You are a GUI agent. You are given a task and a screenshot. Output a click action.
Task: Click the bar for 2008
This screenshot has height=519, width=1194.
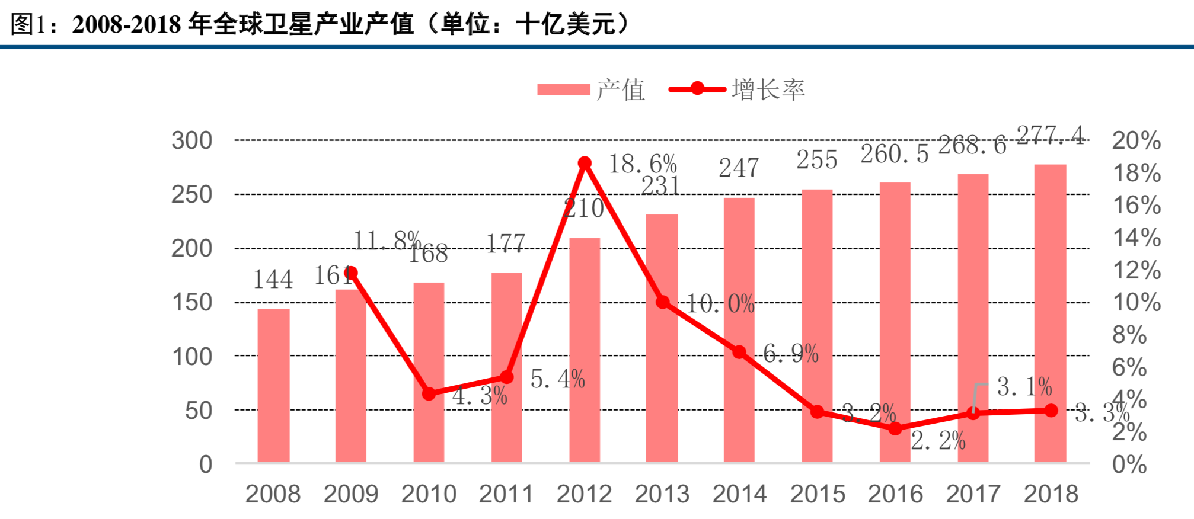point(273,385)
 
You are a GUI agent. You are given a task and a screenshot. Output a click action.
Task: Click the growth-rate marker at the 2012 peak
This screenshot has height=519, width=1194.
point(585,163)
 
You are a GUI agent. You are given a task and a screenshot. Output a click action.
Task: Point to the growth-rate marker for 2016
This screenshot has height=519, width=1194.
point(895,428)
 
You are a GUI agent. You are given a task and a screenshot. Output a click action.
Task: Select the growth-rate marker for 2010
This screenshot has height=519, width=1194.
point(429,393)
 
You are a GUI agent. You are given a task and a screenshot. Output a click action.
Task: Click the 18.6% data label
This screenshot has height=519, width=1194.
point(643,164)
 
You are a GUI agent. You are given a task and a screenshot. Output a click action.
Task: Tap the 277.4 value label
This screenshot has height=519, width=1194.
point(1051,136)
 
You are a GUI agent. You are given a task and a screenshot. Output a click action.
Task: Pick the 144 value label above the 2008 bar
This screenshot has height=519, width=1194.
point(273,280)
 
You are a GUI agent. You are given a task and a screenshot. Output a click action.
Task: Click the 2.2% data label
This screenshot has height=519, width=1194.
point(938,441)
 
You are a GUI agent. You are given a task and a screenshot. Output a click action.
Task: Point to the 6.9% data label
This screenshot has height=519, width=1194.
point(790,354)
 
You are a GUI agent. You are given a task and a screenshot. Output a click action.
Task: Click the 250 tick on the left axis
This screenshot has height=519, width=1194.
point(191,194)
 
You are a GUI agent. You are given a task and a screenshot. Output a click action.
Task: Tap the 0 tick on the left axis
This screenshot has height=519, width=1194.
point(205,464)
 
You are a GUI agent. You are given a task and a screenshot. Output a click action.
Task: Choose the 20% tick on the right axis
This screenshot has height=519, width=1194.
point(1136,140)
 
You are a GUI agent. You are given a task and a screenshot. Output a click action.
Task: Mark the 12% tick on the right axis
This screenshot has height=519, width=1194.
point(1136,270)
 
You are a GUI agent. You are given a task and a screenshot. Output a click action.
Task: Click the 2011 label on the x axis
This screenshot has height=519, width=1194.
point(506,494)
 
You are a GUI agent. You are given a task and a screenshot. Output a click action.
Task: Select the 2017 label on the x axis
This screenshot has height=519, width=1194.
point(973,494)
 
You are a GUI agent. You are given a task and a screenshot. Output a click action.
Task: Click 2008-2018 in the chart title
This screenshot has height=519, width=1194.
point(126,24)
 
